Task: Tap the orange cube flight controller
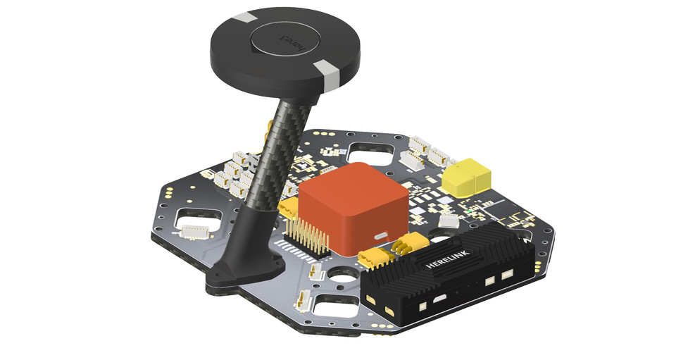(352, 208)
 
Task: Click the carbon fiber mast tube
(282, 155)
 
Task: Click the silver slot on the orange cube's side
(383, 235)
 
